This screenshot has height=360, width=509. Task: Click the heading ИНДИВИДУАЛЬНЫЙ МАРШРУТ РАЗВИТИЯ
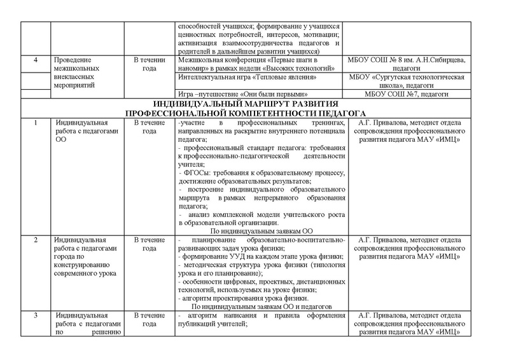254,104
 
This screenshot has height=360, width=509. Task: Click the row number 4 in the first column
36,60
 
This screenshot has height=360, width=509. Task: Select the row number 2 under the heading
36,239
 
